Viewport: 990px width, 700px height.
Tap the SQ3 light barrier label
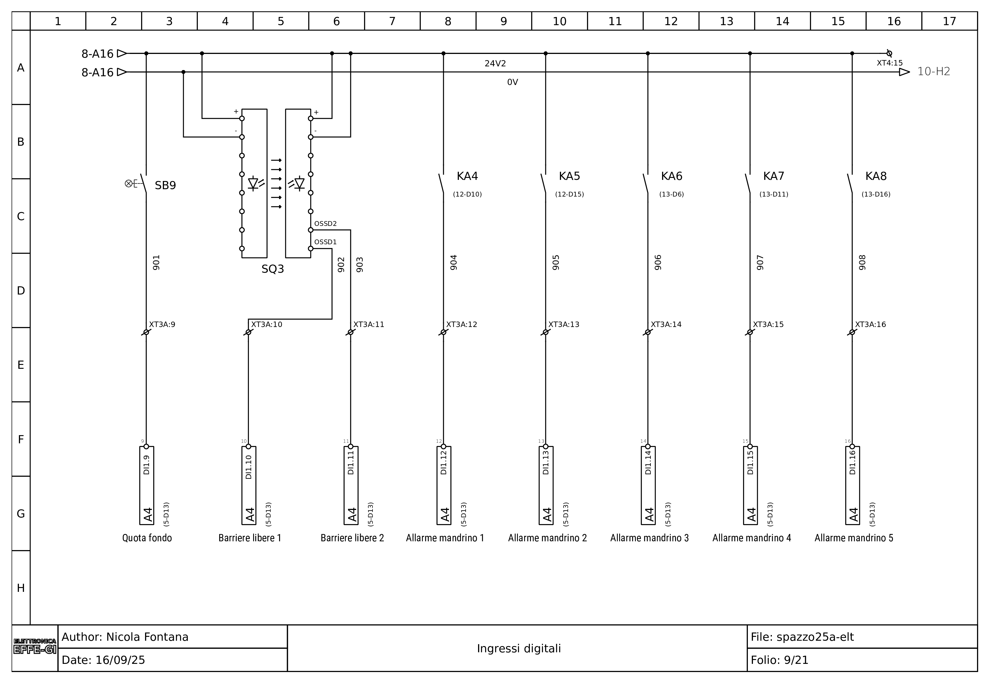(x=273, y=269)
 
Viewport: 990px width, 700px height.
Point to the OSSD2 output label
(x=326, y=223)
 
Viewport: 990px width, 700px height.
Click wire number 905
(x=556, y=262)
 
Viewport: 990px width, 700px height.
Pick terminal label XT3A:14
(x=666, y=324)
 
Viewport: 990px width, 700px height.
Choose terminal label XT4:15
(x=890, y=63)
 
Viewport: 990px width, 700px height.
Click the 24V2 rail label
(x=496, y=64)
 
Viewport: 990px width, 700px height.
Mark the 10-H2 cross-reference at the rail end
(x=934, y=72)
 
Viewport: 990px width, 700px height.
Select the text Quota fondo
(x=147, y=538)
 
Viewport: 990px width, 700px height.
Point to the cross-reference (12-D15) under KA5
(x=569, y=195)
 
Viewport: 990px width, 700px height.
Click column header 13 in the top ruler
(x=726, y=21)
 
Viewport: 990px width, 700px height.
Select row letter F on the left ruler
(x=21, y=439)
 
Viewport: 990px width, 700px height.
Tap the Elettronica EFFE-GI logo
(x=35, y=647)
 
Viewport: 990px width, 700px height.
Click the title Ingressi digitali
(x=519, y=648)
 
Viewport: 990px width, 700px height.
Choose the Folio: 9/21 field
(x=779, y=660)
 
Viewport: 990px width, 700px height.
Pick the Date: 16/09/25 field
(x=104, y=660)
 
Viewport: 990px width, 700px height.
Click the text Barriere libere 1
(x=250, y=538)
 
